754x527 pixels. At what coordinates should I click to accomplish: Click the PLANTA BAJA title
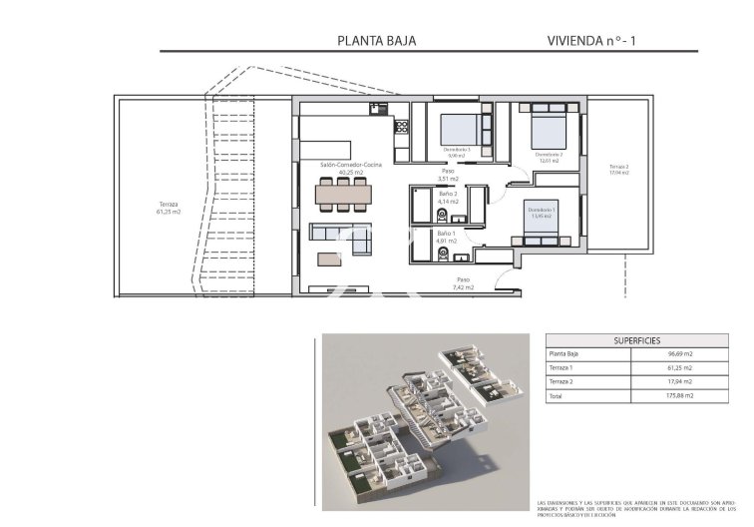point(376,41)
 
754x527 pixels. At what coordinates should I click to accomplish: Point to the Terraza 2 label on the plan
point(619,169)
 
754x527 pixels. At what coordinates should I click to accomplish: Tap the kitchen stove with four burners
point(402,127)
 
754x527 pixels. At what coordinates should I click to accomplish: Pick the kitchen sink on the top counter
point(376,108)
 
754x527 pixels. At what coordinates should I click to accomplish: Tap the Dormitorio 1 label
point(542,211)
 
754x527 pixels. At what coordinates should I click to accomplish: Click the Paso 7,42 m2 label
point(463,283)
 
